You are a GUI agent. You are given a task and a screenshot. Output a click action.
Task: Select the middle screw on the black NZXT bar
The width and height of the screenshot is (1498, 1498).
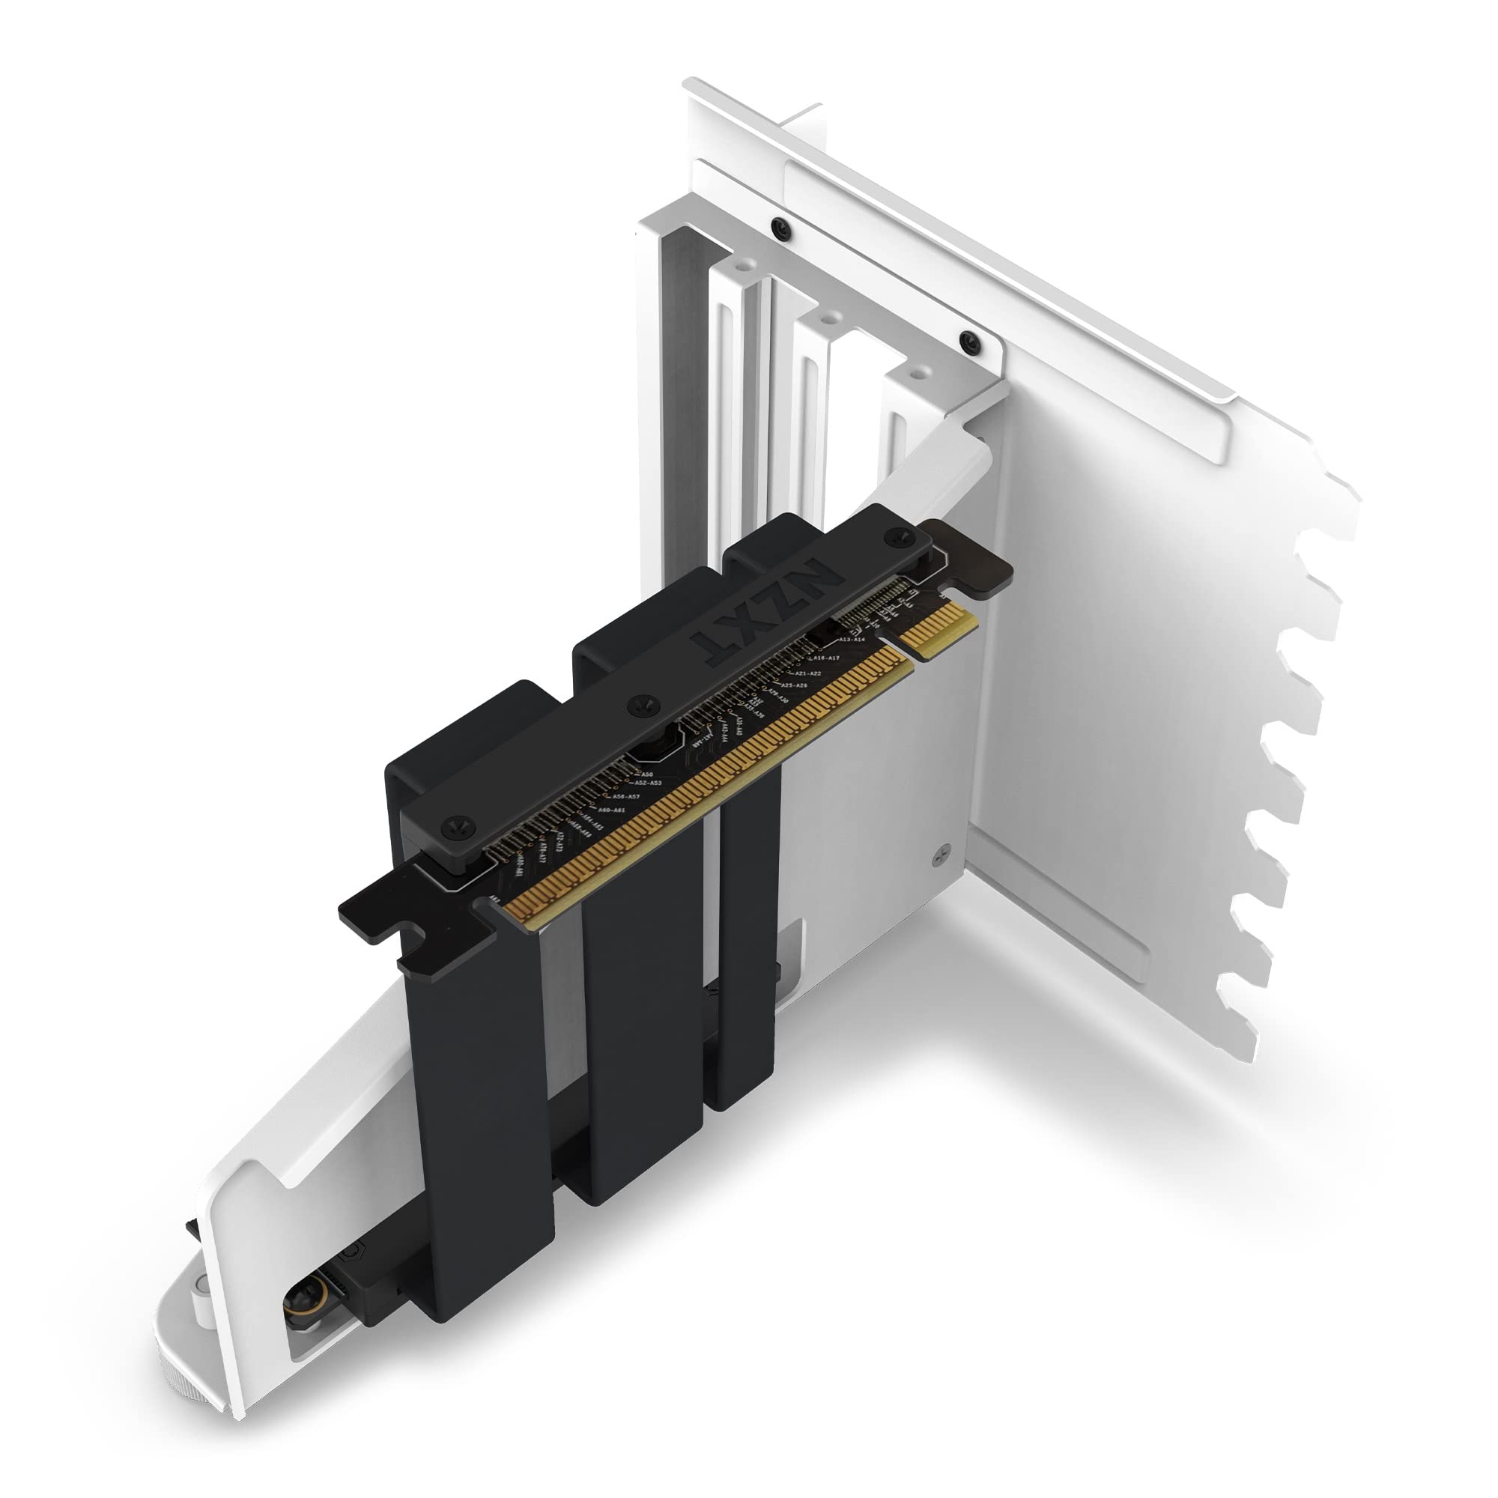pos(640,704)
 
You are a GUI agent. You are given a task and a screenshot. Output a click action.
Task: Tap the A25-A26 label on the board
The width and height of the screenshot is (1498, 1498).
pos(792,685)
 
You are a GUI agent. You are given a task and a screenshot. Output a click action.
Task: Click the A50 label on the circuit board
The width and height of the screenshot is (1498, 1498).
pos(646,774)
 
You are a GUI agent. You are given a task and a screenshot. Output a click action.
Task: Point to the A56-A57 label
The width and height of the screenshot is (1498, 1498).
pos(625,796)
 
